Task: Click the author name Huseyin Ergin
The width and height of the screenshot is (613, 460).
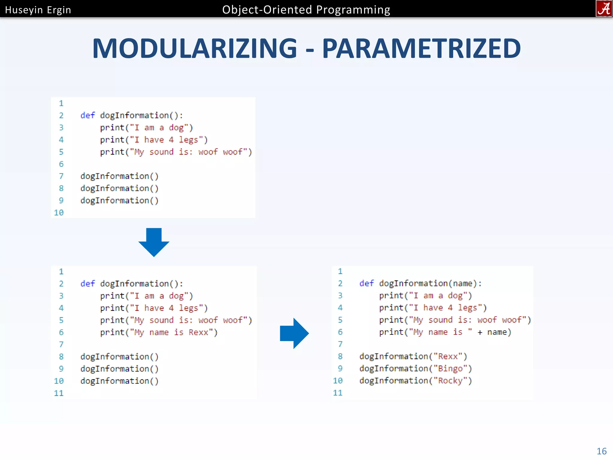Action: pos(38,10)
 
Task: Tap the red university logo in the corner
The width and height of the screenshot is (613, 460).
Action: pos(604,9)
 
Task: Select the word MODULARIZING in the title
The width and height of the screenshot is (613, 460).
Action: pos(195,49)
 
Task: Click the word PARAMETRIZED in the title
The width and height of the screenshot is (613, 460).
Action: pos(421,49)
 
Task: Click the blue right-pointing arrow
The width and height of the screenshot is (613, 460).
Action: pos(294,333)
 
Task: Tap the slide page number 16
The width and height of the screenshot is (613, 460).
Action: pos(602,451)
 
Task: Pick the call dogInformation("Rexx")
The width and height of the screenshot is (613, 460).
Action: pos(413,356)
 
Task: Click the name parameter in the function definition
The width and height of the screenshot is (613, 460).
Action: pos(462,283)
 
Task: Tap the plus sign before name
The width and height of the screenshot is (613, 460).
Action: pos(480,332)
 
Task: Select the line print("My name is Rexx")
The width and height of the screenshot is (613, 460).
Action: pos(159,332)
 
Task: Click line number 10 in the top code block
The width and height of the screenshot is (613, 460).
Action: pos(59,213)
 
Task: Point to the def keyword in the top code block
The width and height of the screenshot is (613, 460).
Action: pos(87,115)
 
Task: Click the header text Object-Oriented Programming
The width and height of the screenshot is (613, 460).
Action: pos(306,10)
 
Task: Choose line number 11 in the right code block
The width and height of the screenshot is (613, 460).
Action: pos(338,393)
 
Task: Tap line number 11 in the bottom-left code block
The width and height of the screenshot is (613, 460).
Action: pos(59,393)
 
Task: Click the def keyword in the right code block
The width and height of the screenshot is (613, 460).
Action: pos(366,283)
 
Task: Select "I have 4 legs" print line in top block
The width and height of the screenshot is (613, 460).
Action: pos(154,140)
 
